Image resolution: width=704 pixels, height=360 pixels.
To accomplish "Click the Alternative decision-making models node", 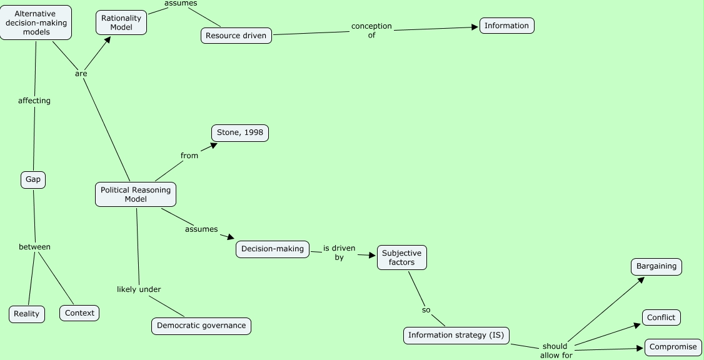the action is click(x=36, y=22).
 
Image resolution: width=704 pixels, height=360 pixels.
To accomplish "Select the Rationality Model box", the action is click(x=121, y=22).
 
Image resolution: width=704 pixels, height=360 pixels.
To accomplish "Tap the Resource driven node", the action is click(x=236, y=36).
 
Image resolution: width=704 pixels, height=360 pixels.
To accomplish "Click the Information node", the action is click(x=507, y=26).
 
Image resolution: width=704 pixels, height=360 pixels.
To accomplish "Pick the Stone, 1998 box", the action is click(x=240, y=133).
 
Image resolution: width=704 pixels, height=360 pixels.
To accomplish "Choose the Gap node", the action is click(x=33, y=179).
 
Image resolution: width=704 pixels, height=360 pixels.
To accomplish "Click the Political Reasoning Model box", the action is click(x=136, y=194).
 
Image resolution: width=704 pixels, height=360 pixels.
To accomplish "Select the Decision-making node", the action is click(x=273, y=249).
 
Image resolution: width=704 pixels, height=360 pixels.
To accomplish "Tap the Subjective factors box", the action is click(x=402, y=257).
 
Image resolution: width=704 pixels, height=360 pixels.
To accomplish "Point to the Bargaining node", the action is click(x=656, y=266).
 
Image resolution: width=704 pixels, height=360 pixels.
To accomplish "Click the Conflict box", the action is click(x=661, y=317).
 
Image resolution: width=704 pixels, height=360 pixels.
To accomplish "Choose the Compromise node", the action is click(x=673, y=347).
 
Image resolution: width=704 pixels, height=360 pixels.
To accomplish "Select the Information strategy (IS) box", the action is click(x=456, y=335).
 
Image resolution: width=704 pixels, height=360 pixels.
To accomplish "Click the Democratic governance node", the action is click(x=201, y=326).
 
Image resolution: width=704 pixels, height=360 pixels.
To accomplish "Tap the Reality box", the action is click(x=27, y=314).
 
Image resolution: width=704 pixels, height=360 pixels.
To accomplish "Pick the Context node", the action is click(x=79, y=313).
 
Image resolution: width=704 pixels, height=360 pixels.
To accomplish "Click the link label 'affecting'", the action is click(x=34, y=101).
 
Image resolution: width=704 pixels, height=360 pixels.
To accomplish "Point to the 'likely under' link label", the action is click(x=139, y=289).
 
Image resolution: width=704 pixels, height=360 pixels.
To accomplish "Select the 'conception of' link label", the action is click(x=371, y=31).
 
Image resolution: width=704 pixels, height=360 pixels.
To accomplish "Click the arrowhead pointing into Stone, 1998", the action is click(x=214, y=145).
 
